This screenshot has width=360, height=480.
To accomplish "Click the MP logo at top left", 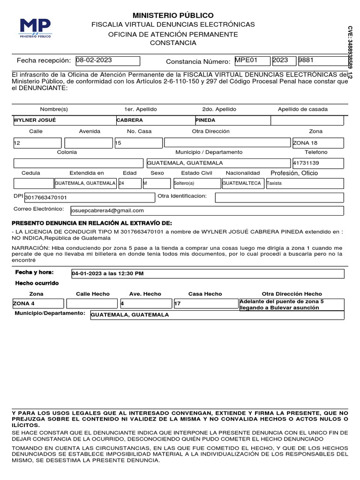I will [36, 28].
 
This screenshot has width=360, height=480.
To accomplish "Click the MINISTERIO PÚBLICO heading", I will [173, 15].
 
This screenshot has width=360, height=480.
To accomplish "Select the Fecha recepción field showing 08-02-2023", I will [107, 61].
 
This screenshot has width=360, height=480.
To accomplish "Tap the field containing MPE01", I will [252, 61].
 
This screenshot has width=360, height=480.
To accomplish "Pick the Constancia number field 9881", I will [324, 61].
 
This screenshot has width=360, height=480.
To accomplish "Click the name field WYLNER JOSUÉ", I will [64, 120].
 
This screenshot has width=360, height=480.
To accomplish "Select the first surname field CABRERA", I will [155, 120].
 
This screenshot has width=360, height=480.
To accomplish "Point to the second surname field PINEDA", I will [232, 120].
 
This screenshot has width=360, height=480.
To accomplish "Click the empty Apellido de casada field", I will [307, 120].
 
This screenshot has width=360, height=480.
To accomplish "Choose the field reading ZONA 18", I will [318, 142].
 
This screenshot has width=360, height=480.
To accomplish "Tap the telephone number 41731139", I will [318, 163].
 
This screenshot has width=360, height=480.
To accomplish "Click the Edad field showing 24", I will [129, 183].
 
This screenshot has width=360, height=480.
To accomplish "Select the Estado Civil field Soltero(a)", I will [196, 183].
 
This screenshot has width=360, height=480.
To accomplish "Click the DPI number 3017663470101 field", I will [89, 198].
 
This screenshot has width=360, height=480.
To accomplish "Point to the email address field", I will [207, 210].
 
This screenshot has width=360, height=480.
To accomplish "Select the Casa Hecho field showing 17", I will [205, 304].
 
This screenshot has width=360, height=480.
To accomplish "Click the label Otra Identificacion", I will [182, 195].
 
